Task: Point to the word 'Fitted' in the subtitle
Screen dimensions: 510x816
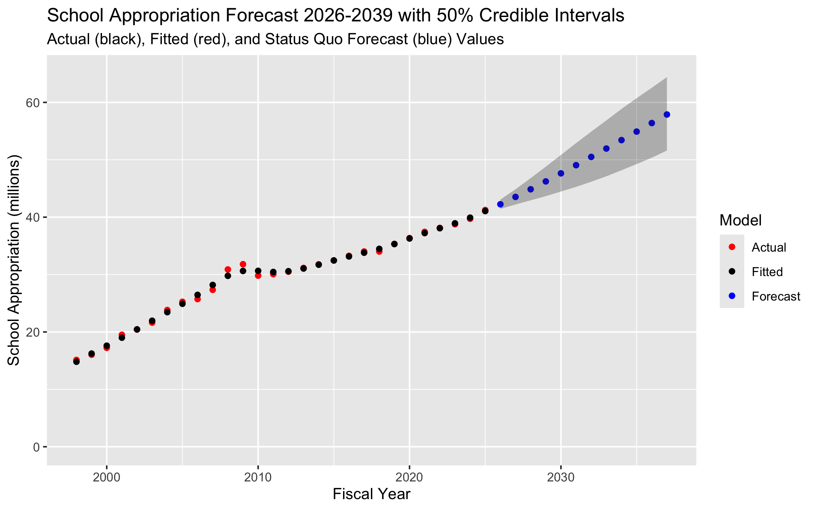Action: pyautogui.click(x=169, y=39)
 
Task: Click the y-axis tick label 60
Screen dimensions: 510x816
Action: pyautogui.click(x=33, y=103)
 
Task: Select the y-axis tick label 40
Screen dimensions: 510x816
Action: pyautogui.click(x=33, y=217)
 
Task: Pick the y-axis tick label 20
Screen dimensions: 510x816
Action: pyautogui.click(x=33, y=332)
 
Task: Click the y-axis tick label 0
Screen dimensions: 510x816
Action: pyautogui.click(x=36, y=447)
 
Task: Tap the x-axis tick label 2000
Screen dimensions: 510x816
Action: pyautogui.click(x=106, y=477)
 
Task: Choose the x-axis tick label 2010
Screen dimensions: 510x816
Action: pyautogui.click(x=258, y=477)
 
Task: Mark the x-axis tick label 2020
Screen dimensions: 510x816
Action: pyautogui.click(x=409, y=477)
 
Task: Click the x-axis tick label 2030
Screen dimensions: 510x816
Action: pyautogui.click(x=561, y=477)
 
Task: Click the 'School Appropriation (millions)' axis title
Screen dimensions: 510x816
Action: pyautogui.click(x=14, y=260)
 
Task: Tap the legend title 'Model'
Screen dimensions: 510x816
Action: pyautogui.click(x=741, y=220)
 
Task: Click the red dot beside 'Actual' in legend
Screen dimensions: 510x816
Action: pyautogui.click(x=732, y=247)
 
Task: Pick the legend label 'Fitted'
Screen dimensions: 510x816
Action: pyautogui.click(x=767, y=272)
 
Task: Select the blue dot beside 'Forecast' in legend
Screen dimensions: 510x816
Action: pyautogui.click(x=732, y=296)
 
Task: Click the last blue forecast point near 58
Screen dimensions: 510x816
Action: pyautogui.click(x=667, y=115)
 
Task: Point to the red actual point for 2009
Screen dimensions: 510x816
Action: pyautogui.click(x=243, y=264)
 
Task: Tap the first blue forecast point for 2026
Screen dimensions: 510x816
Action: pyautogui.click(x=500, y=204)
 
